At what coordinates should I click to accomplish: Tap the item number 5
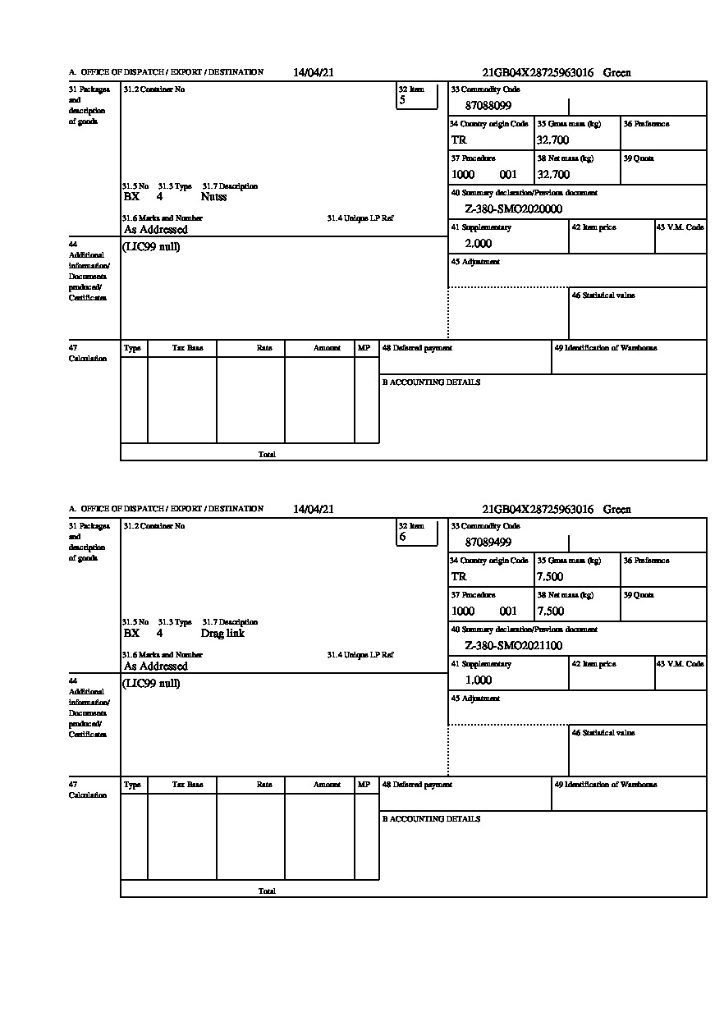click(x=402, y=101)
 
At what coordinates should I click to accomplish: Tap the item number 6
click(x=402, y=538)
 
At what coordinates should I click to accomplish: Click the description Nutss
click(x=213, y=197)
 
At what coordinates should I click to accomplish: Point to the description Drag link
click(x=222, y=634)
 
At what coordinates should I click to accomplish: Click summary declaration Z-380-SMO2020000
click(x=513, y=209)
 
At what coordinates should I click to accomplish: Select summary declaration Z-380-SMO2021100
click(x=513, y=646)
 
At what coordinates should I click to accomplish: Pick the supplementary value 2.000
click(x=478, y=244)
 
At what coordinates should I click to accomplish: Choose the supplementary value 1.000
click(x=478, y=680)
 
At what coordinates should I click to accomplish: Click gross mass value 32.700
click(x=552, y=140)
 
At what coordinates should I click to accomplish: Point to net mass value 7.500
click(x=550, y=611)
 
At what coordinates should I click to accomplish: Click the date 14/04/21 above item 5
click(x=314, y=72)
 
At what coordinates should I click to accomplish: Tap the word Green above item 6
click(x=617, y=510)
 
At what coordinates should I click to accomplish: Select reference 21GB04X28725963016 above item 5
click(x=538, y=73)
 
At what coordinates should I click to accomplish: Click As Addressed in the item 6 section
click(x=156, y=666)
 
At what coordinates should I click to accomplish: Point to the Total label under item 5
click(x=267, y=454)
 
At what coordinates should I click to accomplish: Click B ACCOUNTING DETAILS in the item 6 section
click(x=431, y=819)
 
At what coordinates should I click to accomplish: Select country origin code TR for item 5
click(x=459, y=140)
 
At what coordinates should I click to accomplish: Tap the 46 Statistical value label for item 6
click(x=603, y=733)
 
